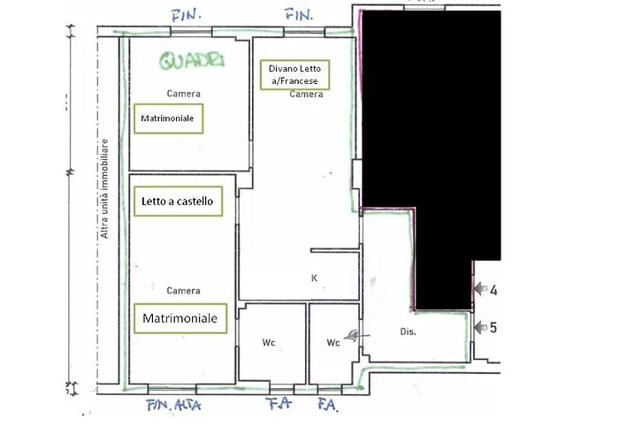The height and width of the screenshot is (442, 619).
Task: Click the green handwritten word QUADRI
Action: (190, 60)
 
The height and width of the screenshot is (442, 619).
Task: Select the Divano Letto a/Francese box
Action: (293, 74)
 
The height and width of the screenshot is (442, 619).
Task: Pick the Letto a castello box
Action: (178, 202)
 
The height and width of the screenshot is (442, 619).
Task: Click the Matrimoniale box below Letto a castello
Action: (180, 317)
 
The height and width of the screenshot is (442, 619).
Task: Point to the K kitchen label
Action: (314, 278)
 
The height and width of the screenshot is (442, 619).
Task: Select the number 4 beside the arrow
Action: (493, 289)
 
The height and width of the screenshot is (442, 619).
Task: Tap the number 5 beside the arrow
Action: (493, 327)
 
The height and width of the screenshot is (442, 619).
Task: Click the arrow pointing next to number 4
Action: (480, 289)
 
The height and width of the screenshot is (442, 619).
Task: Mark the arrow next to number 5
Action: (480, 327)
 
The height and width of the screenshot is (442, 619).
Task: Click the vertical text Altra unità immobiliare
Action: (104, 188)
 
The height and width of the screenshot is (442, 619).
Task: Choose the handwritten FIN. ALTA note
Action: (174, 406)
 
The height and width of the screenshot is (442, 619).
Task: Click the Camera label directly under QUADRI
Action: (183, 94)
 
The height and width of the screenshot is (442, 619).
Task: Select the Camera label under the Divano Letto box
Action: (306, 94)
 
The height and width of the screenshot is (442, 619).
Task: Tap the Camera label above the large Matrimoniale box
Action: (183, 290)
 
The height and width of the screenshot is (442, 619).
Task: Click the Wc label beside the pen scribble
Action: (333, 341)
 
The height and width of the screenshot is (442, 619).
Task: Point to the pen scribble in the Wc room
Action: (354, 335)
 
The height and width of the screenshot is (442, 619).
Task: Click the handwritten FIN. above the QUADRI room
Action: (187, 15)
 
